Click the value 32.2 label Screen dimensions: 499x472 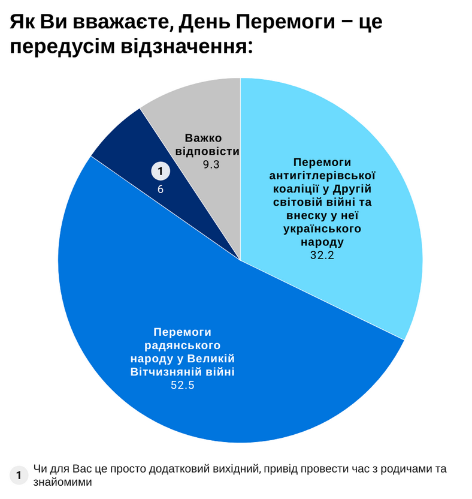[322, 255]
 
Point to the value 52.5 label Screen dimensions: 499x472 [183, 385]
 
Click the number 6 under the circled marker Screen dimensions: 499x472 [160, 189]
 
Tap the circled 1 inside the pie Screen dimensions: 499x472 [160, 172]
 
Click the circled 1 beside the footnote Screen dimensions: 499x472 [19, 476]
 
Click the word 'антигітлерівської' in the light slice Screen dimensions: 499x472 [322, 176]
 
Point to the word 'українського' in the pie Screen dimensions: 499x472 [322, 229]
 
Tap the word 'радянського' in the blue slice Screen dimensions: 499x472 [183, 345]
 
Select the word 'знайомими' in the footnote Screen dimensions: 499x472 [62, 482]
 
